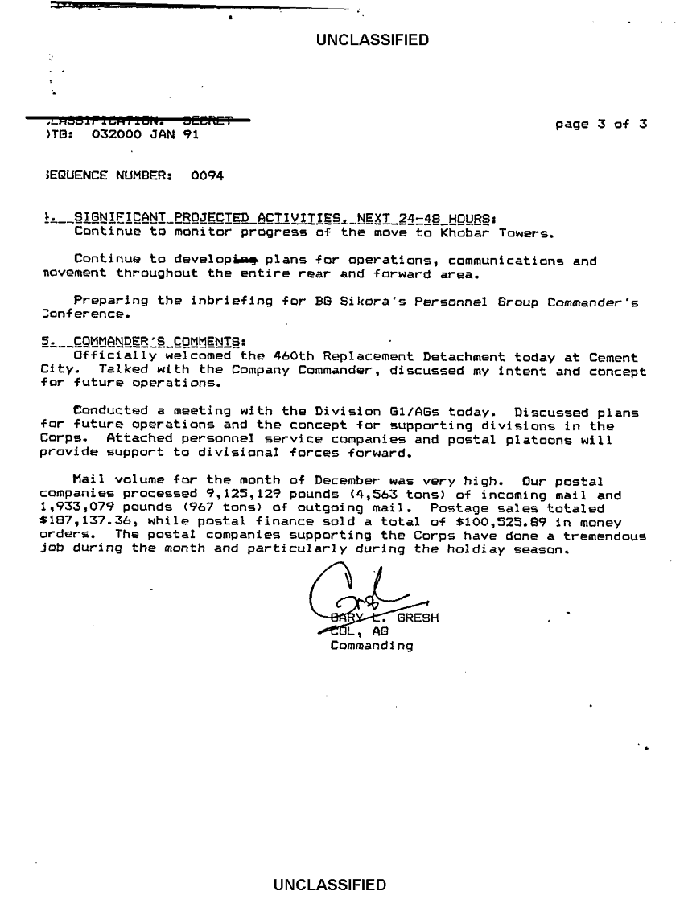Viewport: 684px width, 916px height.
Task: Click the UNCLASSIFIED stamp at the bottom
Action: (x=330, y=885)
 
